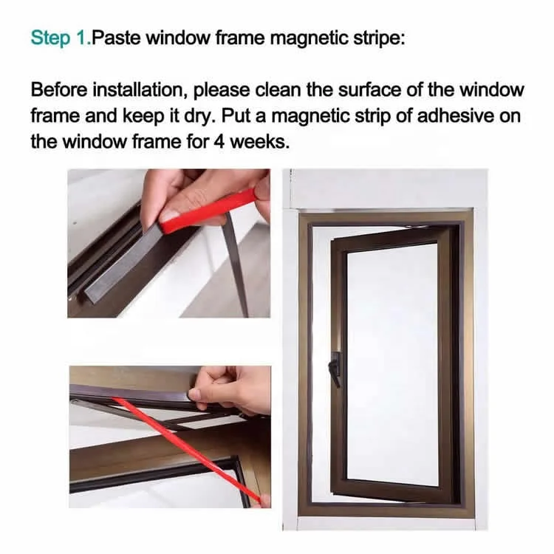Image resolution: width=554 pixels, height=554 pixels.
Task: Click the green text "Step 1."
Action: coord(60,38)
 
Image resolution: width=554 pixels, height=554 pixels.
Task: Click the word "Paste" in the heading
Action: coord(116,38)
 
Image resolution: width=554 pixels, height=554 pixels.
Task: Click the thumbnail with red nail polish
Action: coord(170,215)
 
